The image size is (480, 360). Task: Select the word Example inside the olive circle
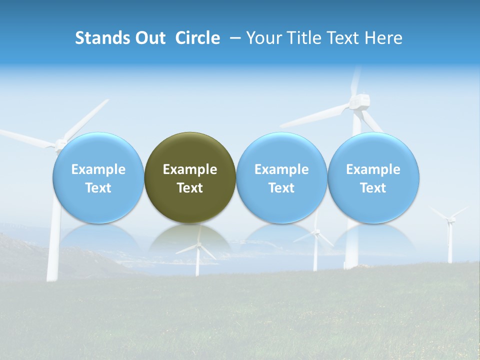point(190,169)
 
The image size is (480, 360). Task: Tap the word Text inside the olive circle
point(190,188)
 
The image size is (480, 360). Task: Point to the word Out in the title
point(150,38)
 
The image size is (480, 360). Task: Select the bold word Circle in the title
point(197,38)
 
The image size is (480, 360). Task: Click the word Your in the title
point(262,38)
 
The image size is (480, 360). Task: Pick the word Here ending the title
point(384,38)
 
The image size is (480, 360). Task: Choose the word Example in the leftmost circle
point(98,169)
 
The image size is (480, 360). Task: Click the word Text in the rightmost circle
point(373,188)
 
